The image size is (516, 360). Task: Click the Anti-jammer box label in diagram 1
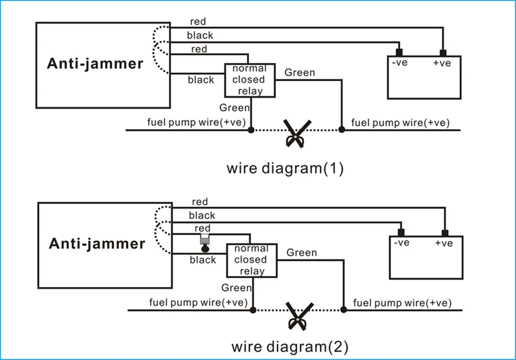[95, 64]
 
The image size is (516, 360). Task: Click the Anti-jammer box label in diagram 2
[97, 243]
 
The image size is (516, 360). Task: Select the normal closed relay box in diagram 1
[250, 80]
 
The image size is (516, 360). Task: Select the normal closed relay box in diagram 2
[252, 260]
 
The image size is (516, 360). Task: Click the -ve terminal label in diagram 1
[399, 63]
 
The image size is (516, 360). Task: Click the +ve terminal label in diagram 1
[442, 63]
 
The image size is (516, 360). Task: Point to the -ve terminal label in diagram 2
[401, 243]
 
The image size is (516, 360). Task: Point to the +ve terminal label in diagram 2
[444, 243]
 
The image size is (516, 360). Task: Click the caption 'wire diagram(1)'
[285, 168]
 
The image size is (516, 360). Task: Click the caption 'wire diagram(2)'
[290, 346]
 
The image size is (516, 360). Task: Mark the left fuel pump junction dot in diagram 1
[250, 130]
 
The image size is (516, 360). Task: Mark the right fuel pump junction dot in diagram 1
[341, 130]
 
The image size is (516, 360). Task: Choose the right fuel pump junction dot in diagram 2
[343, 310]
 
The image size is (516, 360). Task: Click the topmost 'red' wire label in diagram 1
[199, 22]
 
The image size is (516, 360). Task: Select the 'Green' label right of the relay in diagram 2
[302, 252]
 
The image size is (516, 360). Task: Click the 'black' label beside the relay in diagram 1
[201, 80]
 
